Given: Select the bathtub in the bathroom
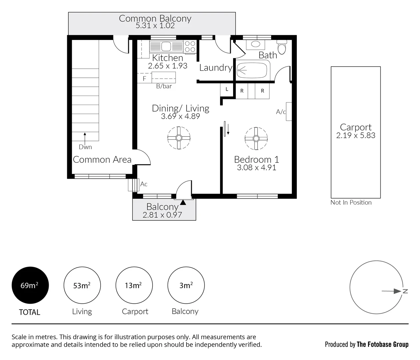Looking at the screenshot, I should coord(252,70).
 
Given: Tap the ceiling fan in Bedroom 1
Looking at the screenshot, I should coord(256,138).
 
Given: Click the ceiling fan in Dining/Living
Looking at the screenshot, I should coord(179,138).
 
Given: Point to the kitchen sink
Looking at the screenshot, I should coord(166,46).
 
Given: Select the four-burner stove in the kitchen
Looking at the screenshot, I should coord(190,46).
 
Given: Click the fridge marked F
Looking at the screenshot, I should coord(145,78).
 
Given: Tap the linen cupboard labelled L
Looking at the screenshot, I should coord(227,89).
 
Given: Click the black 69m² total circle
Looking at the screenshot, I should coord(30,285).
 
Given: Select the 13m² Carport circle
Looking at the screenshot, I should coord(134,285).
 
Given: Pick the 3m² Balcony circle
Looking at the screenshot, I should coord(186,285).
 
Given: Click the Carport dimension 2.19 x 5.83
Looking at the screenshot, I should coord(356,136).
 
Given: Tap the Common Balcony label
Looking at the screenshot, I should coord(155,18).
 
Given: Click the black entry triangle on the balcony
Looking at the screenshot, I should coord(183,202).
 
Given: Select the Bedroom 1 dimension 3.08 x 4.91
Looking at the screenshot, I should coord(256,168).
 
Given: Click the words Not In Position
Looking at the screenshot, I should coord(351,202).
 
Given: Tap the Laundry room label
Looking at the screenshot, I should coord(215,68).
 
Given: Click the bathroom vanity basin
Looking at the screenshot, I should coord(255,44).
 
